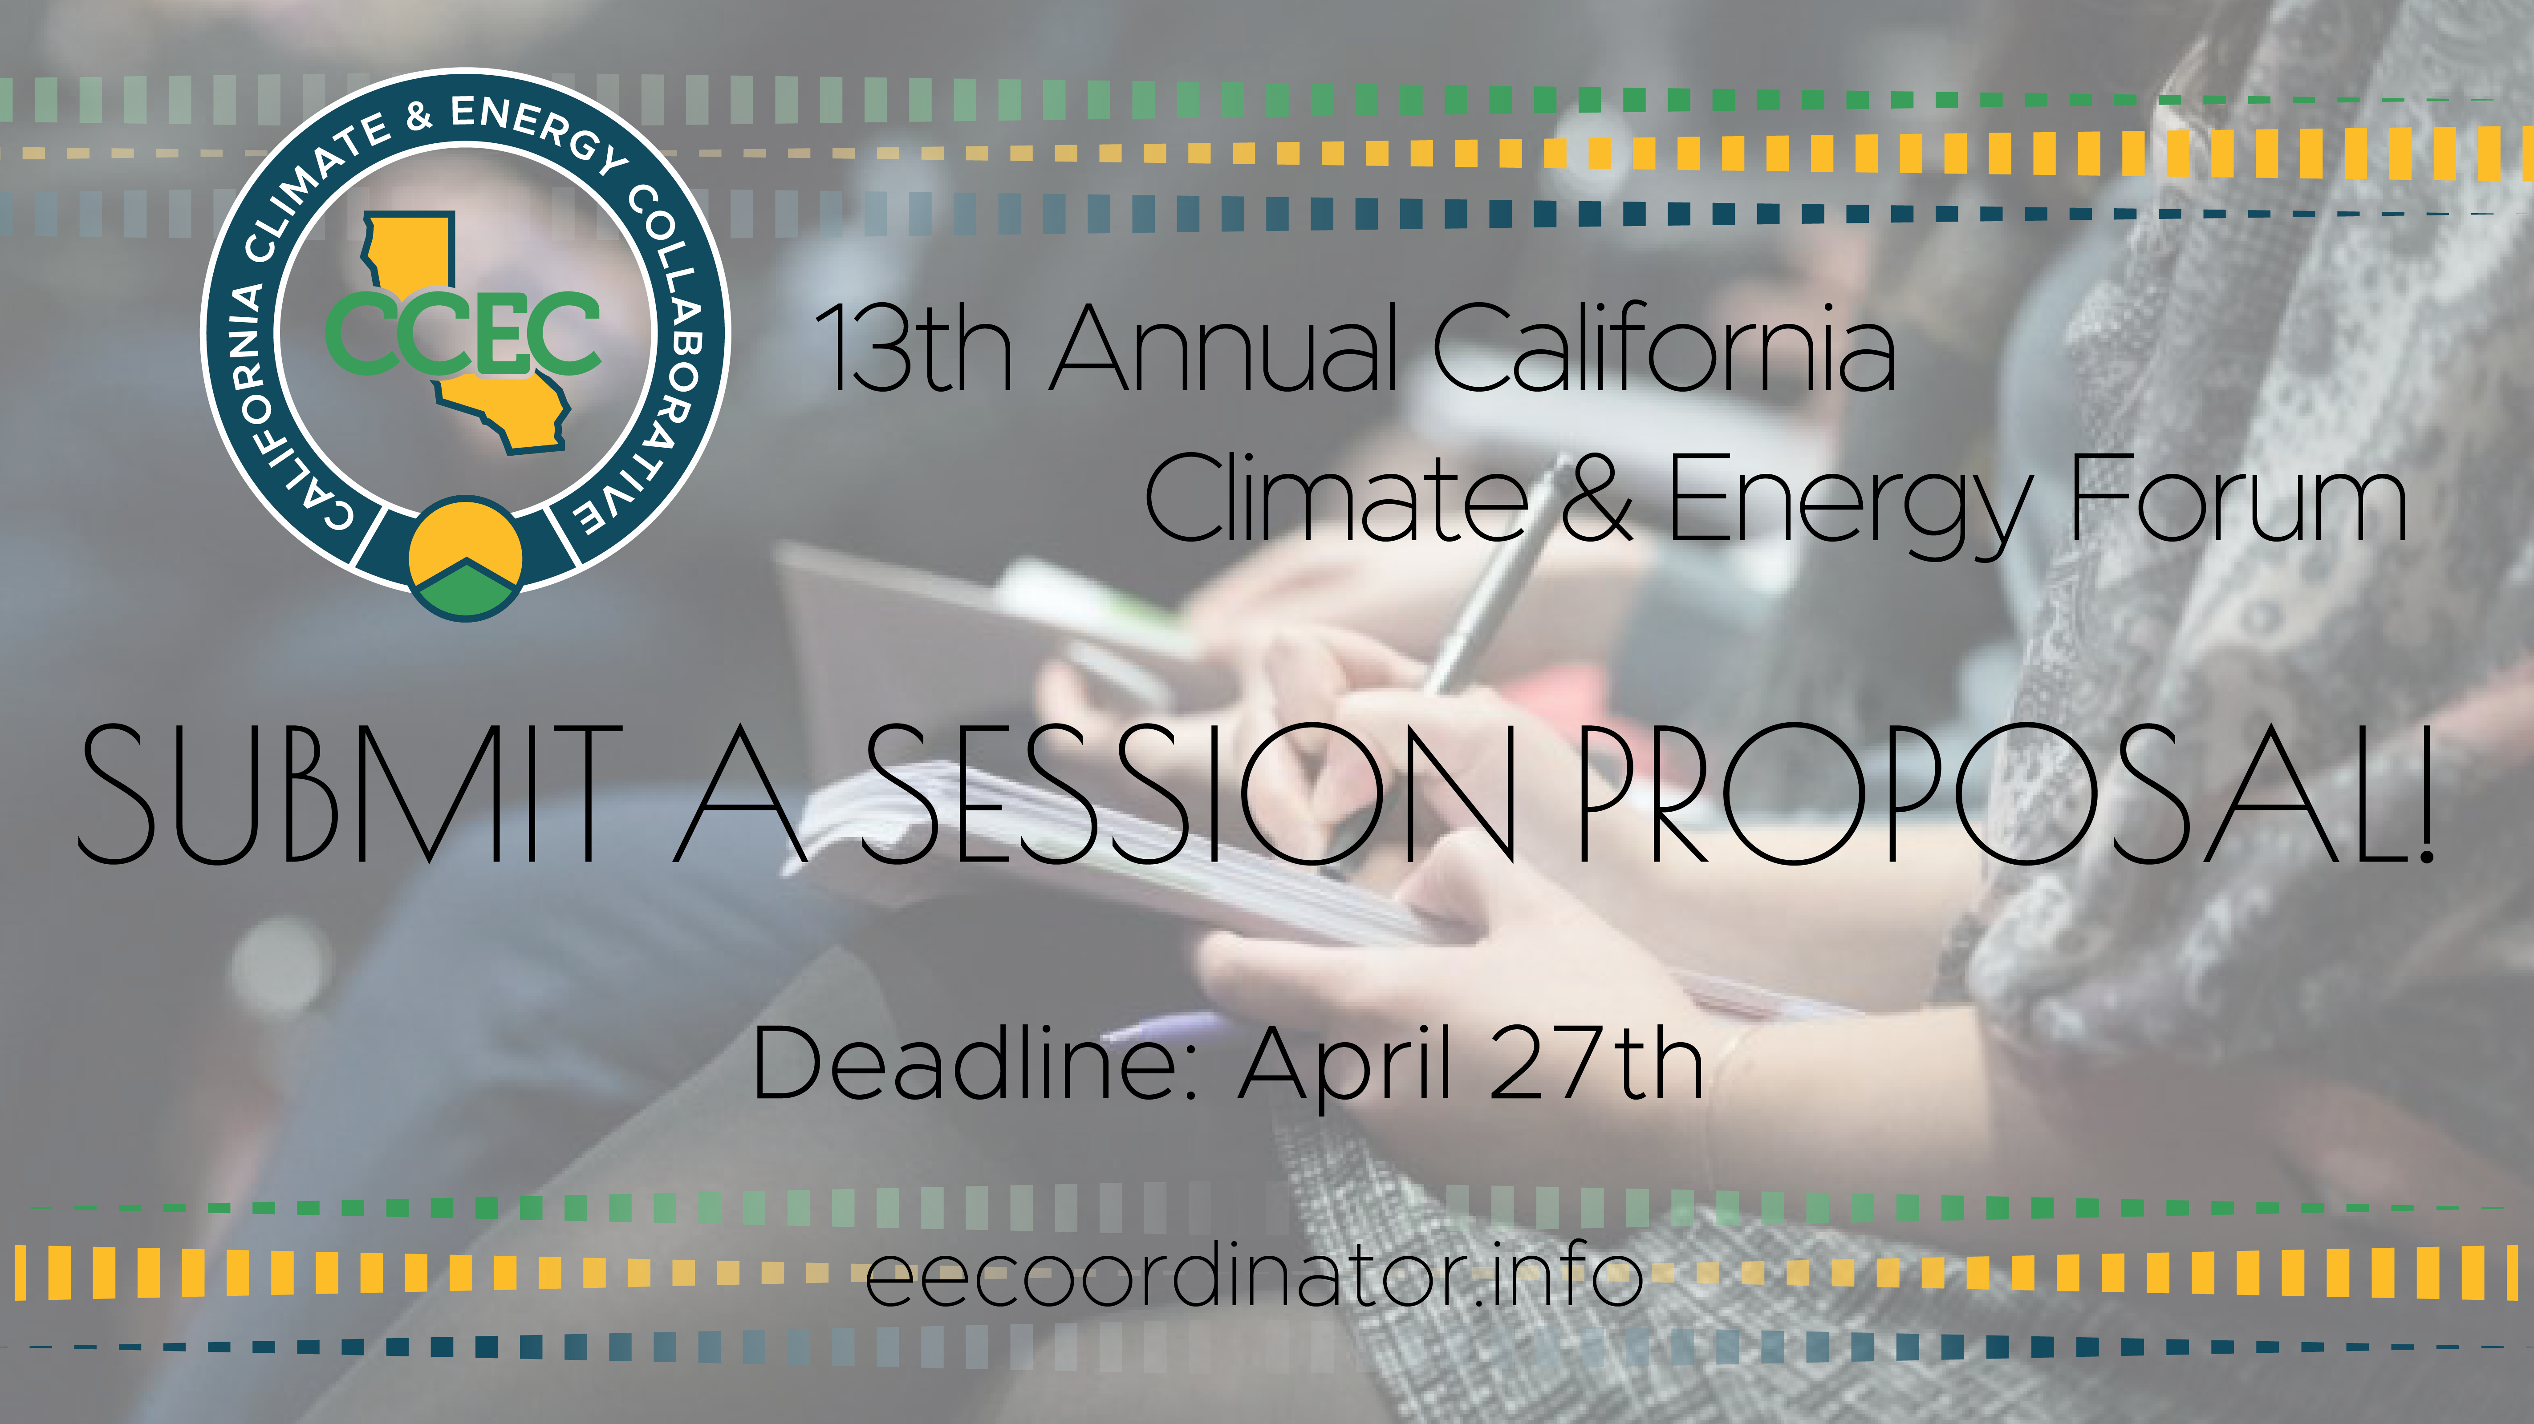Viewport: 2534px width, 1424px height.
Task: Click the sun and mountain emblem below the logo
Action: [x=465, y=558]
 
